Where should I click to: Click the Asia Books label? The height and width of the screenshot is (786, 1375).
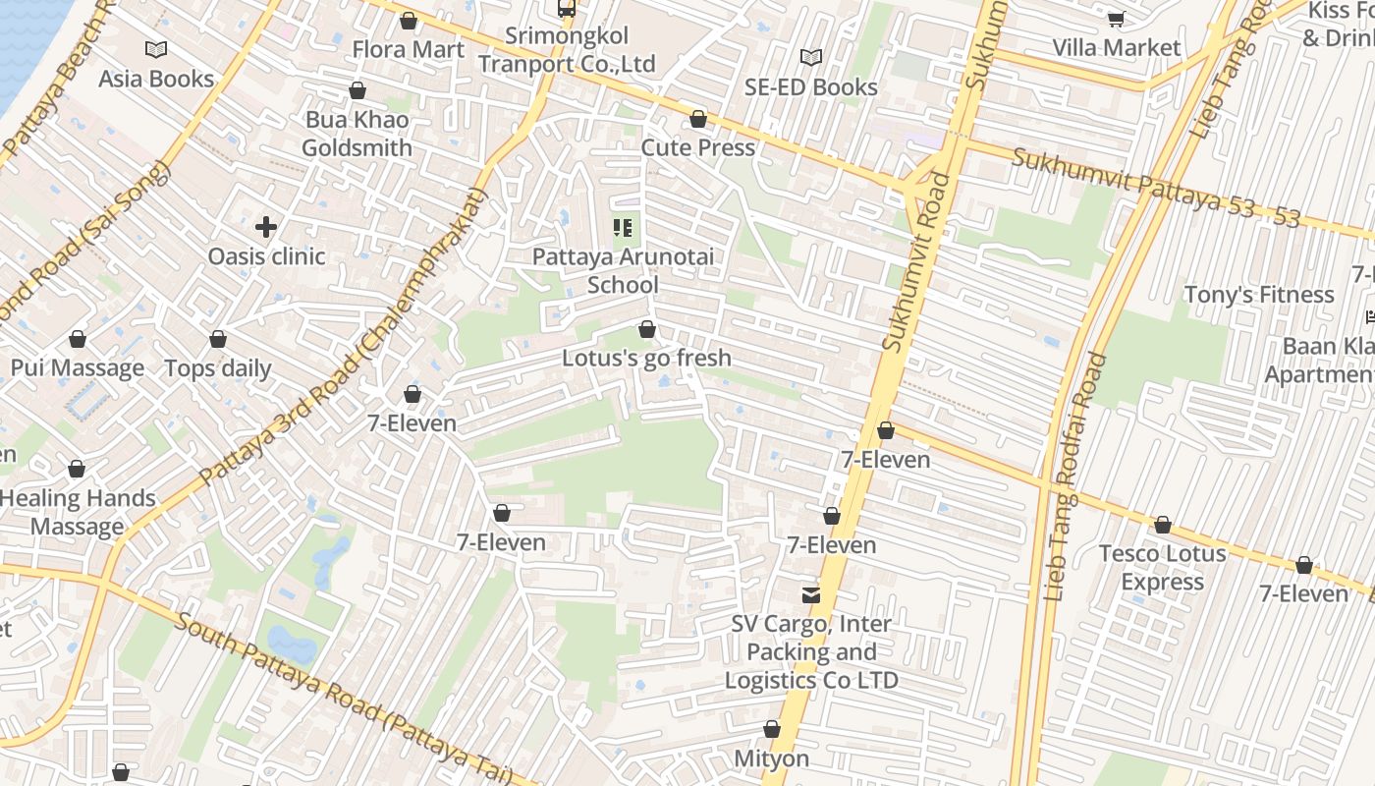point(156,79)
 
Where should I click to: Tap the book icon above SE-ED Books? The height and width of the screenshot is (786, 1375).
point(810,58)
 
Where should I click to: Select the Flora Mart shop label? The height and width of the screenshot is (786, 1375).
point(409,49)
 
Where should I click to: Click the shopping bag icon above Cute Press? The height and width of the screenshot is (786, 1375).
point(698,120)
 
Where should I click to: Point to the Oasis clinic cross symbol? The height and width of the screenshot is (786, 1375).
point(266,227)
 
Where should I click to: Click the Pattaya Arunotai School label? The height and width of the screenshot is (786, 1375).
point(624,271)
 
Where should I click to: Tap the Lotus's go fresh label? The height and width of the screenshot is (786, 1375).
point(646,358)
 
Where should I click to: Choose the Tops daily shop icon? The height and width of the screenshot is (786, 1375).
point(218,339)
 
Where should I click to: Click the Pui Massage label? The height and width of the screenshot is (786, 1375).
point(78,368)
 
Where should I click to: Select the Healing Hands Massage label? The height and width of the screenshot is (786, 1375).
point(78,512)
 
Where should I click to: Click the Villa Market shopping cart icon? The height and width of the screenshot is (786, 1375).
point(1116,19)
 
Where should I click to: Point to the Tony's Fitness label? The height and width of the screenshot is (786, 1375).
point(1258,295)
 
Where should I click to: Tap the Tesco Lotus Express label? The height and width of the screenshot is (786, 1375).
point(1163,568)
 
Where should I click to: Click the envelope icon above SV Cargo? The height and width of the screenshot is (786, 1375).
point(811,594)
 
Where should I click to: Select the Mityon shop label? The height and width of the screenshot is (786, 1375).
point(772,758)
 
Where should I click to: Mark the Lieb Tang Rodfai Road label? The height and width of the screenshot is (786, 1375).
point(1076,477)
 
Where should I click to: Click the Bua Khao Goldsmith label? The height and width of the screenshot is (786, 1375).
point(357,134)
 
